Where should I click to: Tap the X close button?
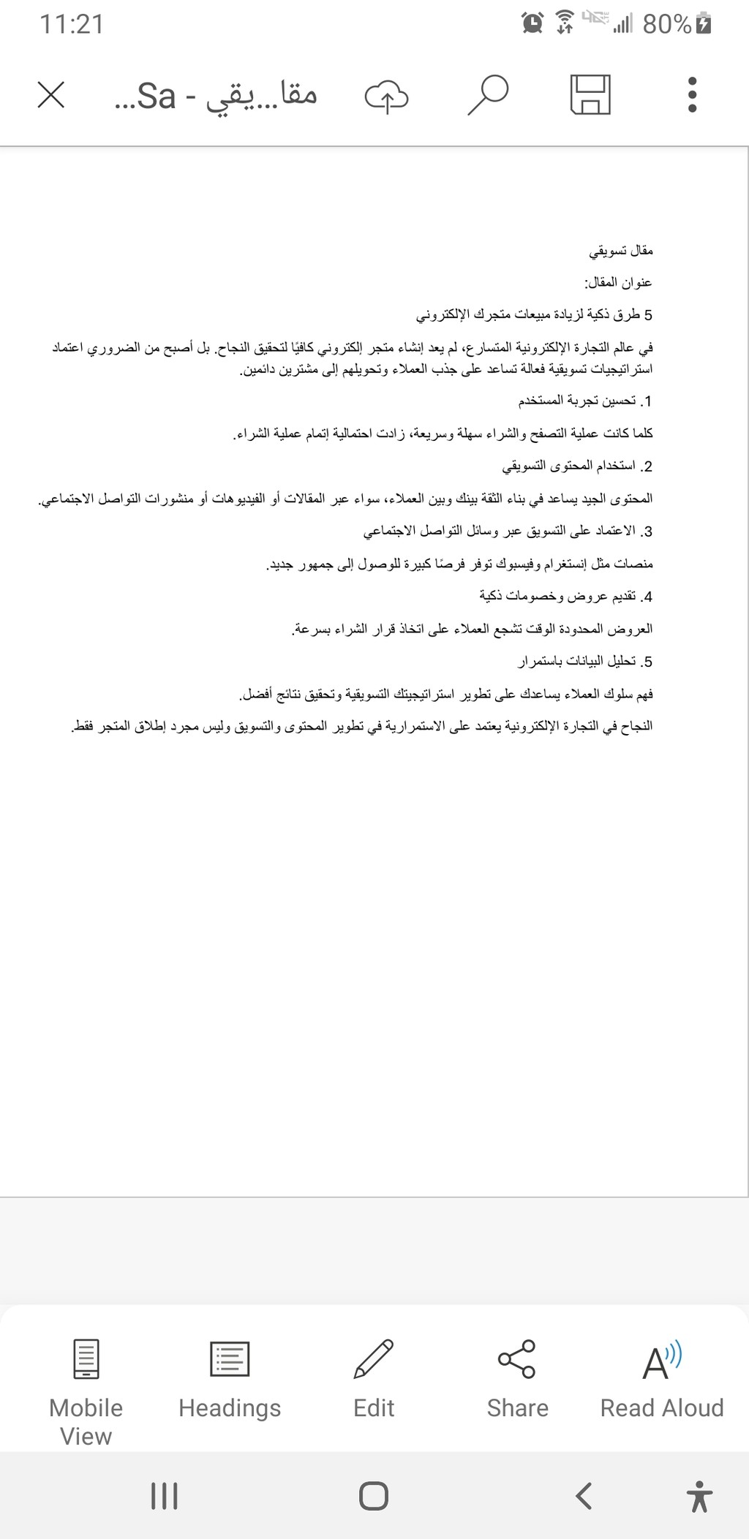coord(51,95)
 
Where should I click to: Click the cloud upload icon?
coord(386,96)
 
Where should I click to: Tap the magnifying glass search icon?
coord(487,95)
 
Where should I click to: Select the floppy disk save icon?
coord(590,95)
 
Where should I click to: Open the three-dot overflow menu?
coord(692,95)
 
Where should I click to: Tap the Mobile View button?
coord(86,1392)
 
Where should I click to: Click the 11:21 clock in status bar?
coord(72,25)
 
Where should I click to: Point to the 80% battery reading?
coord(667,25)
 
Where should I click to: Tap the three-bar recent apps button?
coord(164,1496)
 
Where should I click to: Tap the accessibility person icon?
coord(700,1496)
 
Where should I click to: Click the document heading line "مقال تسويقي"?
coord(621,252)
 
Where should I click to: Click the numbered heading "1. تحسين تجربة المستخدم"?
coord(585,401)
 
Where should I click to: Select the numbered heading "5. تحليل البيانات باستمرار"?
coord(585,662)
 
